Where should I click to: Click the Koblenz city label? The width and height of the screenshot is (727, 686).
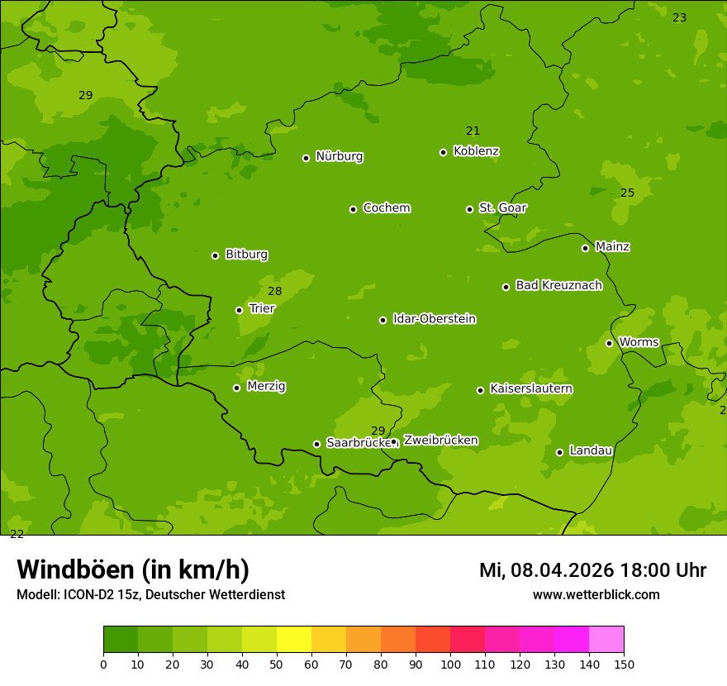[476, 151]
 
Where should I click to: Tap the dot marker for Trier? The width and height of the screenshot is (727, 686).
[240, 310]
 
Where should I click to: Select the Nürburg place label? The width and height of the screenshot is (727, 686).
[339, 156]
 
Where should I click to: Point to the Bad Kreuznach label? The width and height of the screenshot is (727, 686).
[558, 285]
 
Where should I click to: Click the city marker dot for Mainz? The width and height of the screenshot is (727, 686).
[585, 248]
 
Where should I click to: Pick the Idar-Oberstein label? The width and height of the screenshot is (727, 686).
[434, 319]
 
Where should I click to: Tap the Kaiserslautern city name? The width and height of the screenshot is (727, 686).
[531, 388]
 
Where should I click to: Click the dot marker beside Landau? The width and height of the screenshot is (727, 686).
[559, 452]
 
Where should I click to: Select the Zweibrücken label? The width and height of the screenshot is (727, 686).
[440, 441]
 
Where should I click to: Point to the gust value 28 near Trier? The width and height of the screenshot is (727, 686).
[275, 292]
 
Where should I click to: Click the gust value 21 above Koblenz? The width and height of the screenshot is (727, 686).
[473, 131]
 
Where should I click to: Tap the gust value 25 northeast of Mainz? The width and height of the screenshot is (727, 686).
[628, 193]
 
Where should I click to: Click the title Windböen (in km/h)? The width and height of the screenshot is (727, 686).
[133, 569]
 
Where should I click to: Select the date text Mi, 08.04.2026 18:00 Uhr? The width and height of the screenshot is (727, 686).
[592, 570]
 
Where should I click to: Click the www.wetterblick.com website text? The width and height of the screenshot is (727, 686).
[596, 594]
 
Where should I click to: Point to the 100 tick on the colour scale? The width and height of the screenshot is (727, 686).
[450, 664]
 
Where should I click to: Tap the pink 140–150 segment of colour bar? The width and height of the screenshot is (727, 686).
[606, 640]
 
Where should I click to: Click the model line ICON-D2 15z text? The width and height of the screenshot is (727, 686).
[150, 594]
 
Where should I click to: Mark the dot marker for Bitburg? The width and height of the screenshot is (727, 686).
[216, 255]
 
